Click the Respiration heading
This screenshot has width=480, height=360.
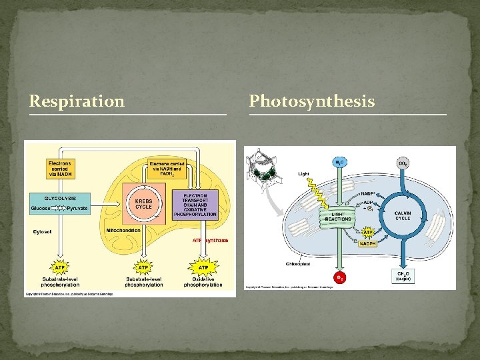coord(77,101)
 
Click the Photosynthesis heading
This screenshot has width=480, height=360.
coord(312,101)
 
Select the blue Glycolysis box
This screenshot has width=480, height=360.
coord(60,203)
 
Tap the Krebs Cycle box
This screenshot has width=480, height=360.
coord(143,203)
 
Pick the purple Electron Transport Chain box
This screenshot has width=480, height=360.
coord(195,205)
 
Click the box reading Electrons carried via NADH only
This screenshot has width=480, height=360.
coord(60,169)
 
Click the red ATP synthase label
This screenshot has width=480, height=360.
coord(210,240)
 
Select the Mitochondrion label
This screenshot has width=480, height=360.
coord(123,230)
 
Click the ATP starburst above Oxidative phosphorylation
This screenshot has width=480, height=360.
coord(203,267)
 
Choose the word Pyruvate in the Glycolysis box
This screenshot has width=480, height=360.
coord(77,209)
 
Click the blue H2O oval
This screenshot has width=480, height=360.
coord(339,162)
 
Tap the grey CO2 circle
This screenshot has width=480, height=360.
coord(403,162)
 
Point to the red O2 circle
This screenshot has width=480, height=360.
coord(339,277)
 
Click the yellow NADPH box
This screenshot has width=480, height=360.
coord(367,243)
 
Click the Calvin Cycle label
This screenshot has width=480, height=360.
coord(403,215)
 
